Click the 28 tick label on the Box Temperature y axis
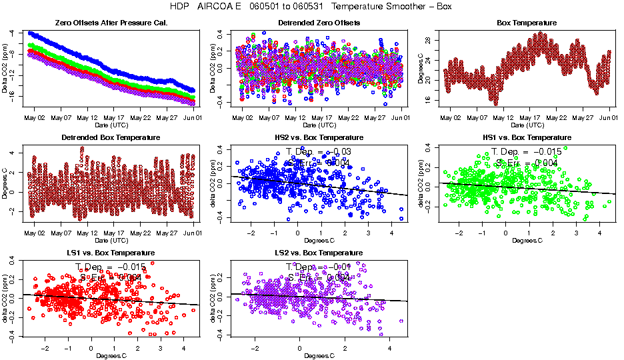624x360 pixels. (427, 40)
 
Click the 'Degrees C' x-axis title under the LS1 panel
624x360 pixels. (111, 356)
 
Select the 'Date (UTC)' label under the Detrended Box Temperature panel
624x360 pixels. (111, 240)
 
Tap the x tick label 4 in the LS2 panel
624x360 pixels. (389, 349)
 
